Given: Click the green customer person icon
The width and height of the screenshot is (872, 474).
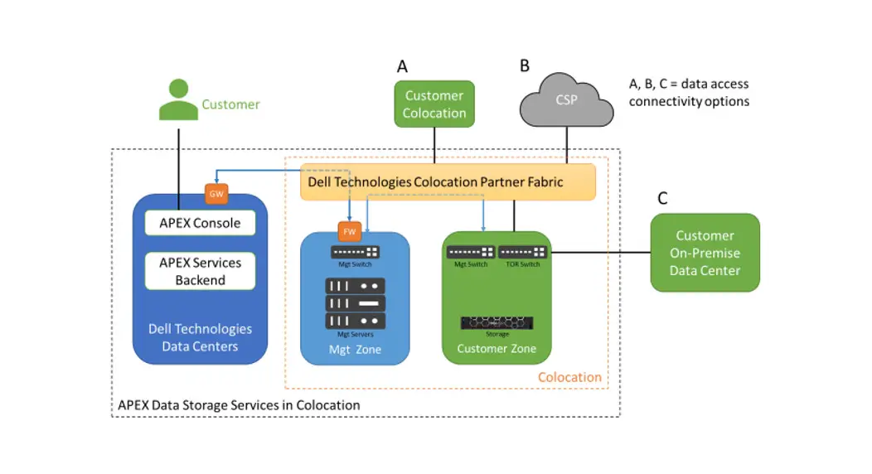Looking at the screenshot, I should pyautogui.click(x=178, y=100).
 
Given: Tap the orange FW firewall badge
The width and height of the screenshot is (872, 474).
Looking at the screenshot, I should pyautogui.click(x=349, y=231).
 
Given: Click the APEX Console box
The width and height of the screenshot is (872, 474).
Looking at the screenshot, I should pyautogui.click(x=200, y=223).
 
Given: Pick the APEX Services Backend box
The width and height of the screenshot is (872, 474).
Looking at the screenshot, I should pyautogui.click(x=200, y=271).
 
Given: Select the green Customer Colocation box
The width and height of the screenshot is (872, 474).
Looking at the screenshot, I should pyautogui.click(x=434, y=104).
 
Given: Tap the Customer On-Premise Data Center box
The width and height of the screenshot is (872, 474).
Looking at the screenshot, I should pyautogui.click(x=705, y=253).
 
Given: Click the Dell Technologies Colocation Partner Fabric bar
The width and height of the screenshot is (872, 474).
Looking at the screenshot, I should pyautogui.click(x=448, y=181).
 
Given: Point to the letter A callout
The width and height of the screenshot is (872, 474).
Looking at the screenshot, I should pyautogui.click(x=403, y=66).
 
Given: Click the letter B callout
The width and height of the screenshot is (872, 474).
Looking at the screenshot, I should pyautogui.click(x=525, y=65).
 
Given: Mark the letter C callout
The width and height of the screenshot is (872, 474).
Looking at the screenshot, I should pyautogui.click(x=662, y=199).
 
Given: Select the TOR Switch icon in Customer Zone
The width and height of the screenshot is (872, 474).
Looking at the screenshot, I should pyautogui.click(x=522, y=252).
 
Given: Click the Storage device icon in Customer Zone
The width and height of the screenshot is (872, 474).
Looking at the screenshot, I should pyautogui.click(x=497, y=322).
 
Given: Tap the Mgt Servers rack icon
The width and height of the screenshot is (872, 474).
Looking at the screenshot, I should pyautogui.click(x=355, y=303).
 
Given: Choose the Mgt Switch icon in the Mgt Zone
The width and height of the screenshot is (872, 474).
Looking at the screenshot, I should pyautogui.click(x=355, y=252).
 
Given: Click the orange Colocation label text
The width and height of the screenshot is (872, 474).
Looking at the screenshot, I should pyautogui.click(x=569, y=377).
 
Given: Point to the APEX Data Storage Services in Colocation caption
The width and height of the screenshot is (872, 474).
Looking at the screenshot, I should pyautogui.click(x=239, y=405).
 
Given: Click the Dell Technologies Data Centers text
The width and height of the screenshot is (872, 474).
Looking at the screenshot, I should pyautogui.click(x=200, y=337).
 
